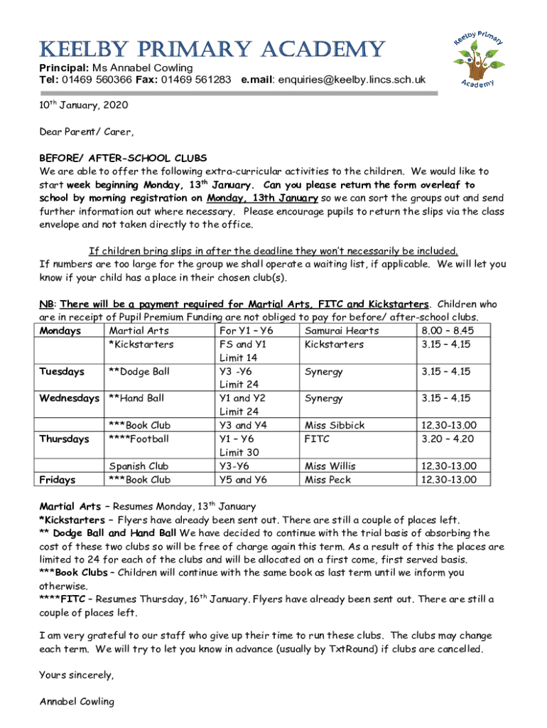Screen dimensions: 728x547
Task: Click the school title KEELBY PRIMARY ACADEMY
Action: (212, 49)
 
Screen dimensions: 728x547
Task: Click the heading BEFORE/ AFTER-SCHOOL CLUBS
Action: (123, 158)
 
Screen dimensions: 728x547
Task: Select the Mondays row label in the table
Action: (60, 331)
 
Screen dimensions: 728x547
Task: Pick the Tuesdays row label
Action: (62, 371)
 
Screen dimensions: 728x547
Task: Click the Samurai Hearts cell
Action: (342, 331)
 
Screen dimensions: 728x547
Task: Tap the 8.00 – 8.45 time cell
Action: (446, 331)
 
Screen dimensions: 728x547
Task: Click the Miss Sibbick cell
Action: (335, 425)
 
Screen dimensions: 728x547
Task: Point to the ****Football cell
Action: (139, 439)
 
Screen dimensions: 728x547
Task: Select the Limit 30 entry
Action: (239, 452)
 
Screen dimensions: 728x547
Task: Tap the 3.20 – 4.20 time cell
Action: (446, 439)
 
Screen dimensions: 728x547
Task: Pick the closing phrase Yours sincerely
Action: (76, 675)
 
